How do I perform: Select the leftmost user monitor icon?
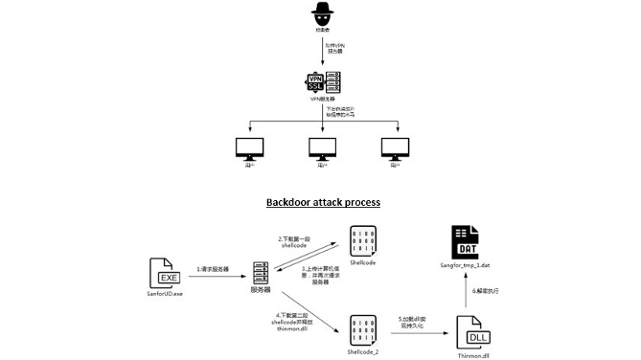click(x=249, y=148)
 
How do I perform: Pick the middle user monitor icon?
click(x=322, y=148)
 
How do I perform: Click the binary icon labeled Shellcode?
click(x=361, y=240)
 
